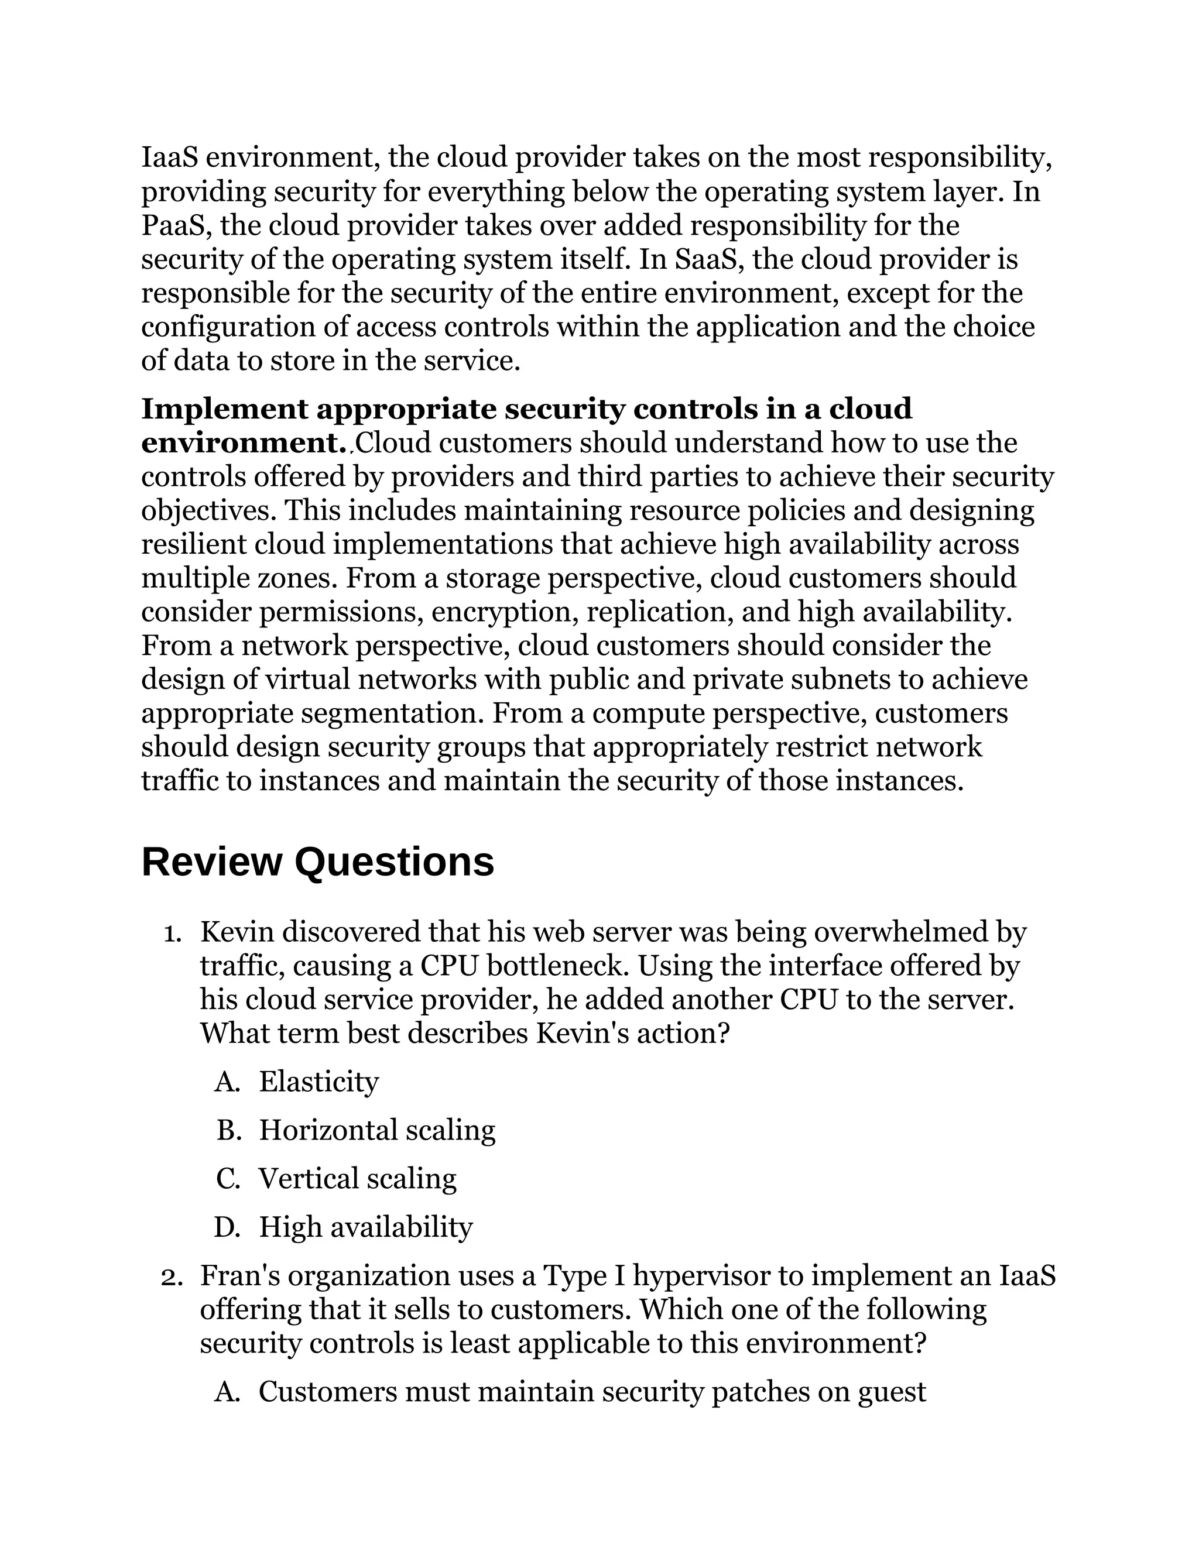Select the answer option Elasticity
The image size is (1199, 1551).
pos(318,1082)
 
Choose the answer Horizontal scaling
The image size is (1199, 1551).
pos(376,1130)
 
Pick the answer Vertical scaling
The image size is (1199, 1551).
pos(357,1178)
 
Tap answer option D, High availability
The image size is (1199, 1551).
pos(365,1226)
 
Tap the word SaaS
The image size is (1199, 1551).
pos(705,259)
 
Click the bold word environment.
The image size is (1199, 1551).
pos(244,443)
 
